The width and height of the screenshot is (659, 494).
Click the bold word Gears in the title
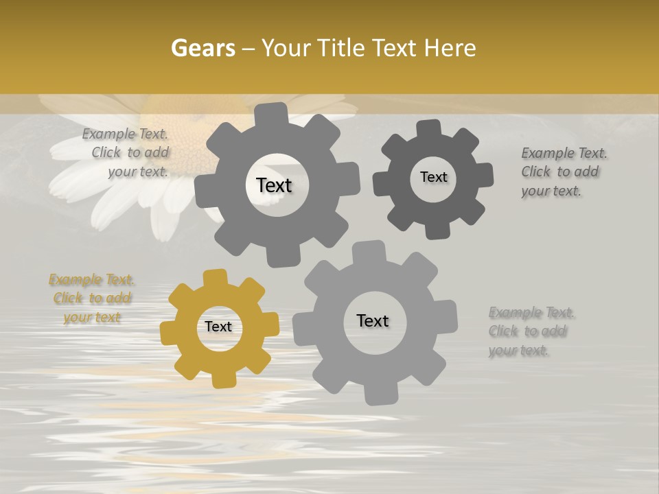[203, 48]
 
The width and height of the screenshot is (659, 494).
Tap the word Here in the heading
[450, 48]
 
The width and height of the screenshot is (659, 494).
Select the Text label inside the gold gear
[218, 327]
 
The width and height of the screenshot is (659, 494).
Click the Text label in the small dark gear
[433, 177]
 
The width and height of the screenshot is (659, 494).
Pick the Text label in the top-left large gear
[274, 185]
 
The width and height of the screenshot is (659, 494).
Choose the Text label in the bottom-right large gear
[373, 320]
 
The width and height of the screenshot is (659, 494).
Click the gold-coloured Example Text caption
[91, 298]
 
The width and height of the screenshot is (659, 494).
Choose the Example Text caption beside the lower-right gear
[530, 331]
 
